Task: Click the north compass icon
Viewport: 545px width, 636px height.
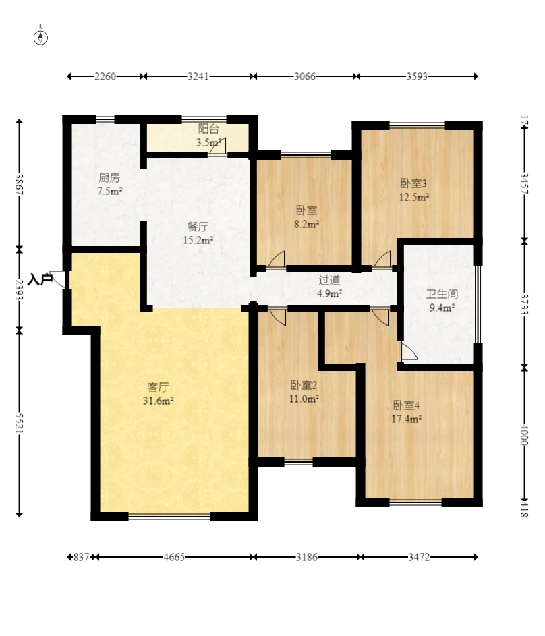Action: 41,36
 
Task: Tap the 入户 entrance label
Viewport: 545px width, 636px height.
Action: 40,279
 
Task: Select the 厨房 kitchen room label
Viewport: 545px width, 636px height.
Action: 110,184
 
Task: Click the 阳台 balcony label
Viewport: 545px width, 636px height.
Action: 208,136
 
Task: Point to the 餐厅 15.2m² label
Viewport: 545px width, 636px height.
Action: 198,233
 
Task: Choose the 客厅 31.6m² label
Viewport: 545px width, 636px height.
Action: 159,394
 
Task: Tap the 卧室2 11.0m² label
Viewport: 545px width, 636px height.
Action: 304,392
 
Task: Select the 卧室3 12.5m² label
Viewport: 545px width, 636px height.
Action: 414,190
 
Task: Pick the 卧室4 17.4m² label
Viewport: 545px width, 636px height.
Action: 407,411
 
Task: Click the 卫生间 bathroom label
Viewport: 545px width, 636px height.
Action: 442,301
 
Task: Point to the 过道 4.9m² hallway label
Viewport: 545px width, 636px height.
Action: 330,286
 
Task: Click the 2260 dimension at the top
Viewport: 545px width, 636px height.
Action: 105,76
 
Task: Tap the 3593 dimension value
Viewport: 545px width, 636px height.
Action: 417,76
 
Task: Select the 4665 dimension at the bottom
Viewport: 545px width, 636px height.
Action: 173,557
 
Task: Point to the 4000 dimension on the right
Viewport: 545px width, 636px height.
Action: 525,434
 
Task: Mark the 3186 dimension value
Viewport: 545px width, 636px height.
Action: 307,557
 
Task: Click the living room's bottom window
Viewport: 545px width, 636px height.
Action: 169,517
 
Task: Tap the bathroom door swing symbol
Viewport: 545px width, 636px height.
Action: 408,351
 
